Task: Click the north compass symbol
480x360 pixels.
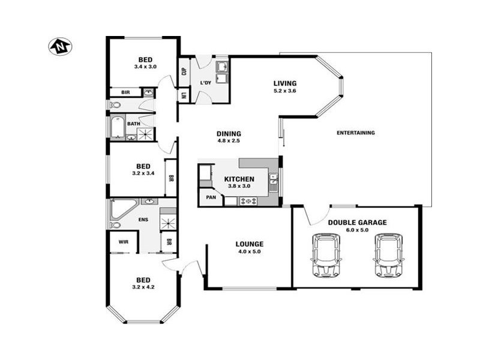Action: (60, 46)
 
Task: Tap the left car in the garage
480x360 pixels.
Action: (326, 254)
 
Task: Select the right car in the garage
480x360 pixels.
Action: (388, 254)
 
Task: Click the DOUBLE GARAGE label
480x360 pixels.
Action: (357, 222)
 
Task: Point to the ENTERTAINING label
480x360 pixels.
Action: (356, 133)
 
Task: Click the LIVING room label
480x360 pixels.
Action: (285, 83)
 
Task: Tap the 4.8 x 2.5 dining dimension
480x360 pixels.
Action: (229, 141)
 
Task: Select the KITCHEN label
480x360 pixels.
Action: (239, 179)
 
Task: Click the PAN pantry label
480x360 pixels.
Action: (211, 197)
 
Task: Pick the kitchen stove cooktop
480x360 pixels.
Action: (248, 201)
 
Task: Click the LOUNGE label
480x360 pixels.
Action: (250, 244)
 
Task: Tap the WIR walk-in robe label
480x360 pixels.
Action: (124, 242)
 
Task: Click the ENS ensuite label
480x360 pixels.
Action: (143, 220)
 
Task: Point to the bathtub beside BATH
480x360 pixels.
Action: (117, 127)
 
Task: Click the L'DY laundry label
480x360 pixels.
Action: (205, 83)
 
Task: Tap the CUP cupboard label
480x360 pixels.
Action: (184, 72)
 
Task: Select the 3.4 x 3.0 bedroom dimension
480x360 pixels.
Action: (145, 67)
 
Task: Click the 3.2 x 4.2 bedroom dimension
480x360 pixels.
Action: (143, 287)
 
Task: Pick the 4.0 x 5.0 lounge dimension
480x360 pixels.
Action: (250, 251)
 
